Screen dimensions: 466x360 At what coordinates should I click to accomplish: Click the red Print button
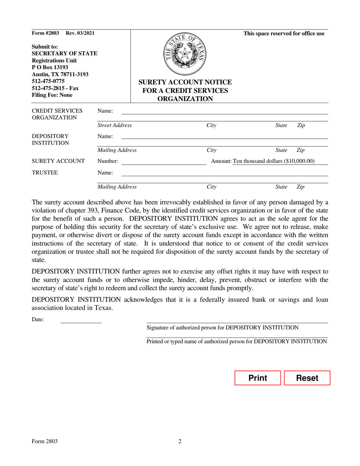[257, 378]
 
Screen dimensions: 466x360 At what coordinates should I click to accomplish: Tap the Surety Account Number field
[163, 162]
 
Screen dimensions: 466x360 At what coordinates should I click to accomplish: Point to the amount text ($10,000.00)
[274, 161]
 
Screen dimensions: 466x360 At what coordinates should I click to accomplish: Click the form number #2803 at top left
[45, 33]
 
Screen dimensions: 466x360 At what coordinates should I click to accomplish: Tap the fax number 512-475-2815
[55, 88]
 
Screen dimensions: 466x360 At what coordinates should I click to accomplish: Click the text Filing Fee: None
[52, 95]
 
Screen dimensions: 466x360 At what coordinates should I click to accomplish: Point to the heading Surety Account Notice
[185, 82]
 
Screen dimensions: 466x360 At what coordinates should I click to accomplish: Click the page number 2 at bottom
[180, 441]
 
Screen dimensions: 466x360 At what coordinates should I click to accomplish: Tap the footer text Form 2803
[45, 441]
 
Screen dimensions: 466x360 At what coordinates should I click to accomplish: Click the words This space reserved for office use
[284, 34]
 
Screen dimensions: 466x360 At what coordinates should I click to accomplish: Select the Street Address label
[115, 125]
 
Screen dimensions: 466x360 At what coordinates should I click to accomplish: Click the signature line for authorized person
[237, 321]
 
